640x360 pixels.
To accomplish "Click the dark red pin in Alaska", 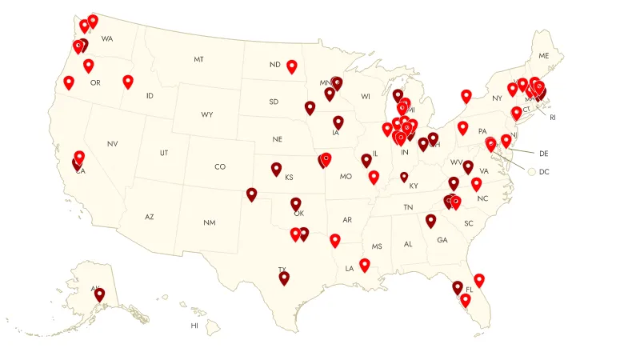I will point(99,294).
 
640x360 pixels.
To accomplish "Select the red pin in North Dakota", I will point(292,66).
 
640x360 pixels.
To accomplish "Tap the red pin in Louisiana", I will point(365,263).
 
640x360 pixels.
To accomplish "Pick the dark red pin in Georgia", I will point(431,219).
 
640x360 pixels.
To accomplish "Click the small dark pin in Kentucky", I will point(404,176).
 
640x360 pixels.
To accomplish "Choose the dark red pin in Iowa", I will point(338,122).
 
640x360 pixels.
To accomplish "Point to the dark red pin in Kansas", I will point(276,168).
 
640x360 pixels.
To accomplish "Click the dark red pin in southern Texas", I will point(284,277).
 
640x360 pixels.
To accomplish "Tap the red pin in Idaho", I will point(128,80).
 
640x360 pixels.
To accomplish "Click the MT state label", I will point(198,60).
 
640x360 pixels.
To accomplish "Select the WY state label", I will point(207,114).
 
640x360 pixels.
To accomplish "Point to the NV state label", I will point(112,143).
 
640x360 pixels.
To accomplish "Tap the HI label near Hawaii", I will point(194,326).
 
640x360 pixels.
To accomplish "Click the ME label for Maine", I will point(545,56).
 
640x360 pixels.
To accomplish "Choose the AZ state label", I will point(149,217).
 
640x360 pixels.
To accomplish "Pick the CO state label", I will point(220,167).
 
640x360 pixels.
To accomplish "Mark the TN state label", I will point(408,207).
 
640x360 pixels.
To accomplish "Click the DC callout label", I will point(544,171).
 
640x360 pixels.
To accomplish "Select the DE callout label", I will point(544,152).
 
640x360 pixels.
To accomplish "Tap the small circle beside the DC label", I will point(531,170).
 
